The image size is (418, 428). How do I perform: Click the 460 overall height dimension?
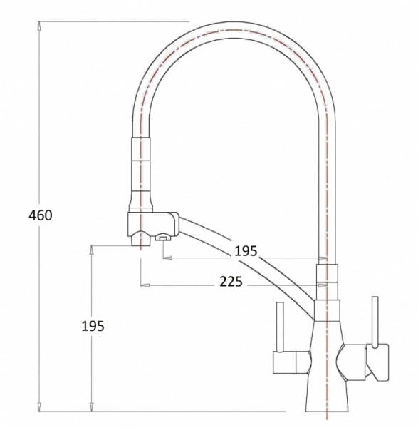[41, 215]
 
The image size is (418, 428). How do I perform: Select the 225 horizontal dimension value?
[231, 282]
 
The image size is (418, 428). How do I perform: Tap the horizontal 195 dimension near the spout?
[246, 251]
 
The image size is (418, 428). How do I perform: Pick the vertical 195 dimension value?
[93, 326]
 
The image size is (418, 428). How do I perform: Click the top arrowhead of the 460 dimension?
[39, 26]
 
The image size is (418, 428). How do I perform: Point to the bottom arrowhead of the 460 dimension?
[39, 407]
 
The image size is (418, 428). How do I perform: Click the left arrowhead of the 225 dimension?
[145, 285]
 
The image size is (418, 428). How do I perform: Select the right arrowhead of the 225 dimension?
[323, 285]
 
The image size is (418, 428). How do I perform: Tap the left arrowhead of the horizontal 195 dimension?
[167, 258]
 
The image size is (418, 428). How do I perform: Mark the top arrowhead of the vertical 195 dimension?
[93, 250]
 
